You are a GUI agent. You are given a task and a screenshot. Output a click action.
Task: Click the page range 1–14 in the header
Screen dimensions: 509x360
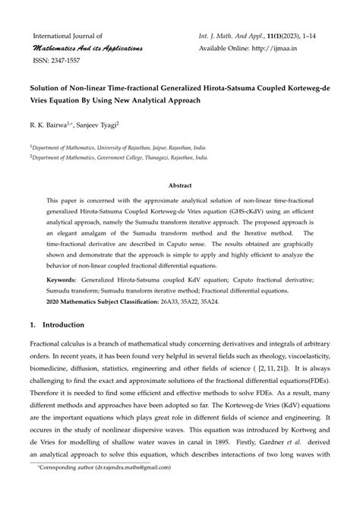321,35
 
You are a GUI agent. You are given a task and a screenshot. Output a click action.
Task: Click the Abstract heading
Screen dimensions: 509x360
180,185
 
